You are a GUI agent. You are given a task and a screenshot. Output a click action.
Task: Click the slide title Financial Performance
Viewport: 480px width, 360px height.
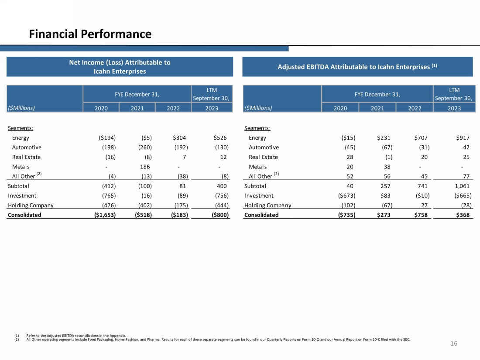90,34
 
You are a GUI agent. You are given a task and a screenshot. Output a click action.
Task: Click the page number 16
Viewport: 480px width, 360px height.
454,343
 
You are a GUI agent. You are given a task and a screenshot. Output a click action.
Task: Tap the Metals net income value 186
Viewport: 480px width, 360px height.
145,167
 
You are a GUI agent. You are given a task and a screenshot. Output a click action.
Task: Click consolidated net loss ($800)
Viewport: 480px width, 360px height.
218,215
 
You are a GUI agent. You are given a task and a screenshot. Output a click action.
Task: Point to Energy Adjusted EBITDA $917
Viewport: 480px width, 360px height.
462,138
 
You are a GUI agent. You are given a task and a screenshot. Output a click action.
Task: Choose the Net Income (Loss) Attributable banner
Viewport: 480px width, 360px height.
120,67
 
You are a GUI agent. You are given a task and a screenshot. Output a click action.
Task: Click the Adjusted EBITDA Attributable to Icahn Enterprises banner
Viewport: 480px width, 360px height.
357,67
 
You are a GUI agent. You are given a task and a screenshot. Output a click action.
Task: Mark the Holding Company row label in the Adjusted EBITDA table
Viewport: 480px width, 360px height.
267,205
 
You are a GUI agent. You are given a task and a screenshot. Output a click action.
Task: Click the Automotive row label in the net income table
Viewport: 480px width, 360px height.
27,147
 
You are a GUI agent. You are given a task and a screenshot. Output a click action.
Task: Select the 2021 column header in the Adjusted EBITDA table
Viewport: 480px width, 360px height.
377,108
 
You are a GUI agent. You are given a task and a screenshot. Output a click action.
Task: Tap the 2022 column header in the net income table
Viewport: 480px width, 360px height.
173,108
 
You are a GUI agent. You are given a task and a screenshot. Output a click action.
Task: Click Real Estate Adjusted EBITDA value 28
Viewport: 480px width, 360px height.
350,157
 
